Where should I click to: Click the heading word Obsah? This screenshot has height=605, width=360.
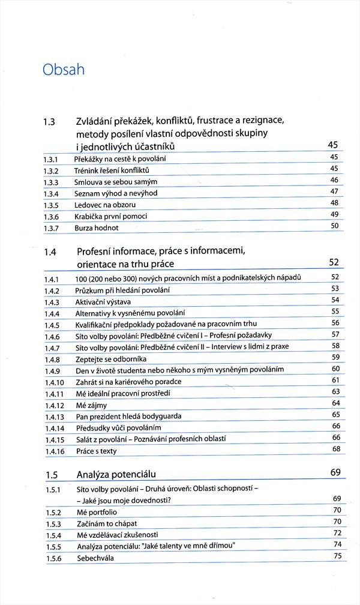coord(63,70)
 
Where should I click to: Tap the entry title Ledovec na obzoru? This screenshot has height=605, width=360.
coord(101,205)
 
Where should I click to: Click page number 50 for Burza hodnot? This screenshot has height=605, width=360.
coord(335,226)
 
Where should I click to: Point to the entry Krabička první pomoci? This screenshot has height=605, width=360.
coord(111,216)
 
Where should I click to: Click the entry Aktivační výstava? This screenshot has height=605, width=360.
coord(103,301)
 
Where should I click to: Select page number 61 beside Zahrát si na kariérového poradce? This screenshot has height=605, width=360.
coord(336,381)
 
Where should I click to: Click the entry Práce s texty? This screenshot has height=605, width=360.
coord(96,451)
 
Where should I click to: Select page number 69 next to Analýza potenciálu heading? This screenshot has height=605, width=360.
coord(335,473)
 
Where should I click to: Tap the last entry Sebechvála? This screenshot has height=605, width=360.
coord(95,558)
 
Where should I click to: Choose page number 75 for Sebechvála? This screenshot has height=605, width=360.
coord(337,556)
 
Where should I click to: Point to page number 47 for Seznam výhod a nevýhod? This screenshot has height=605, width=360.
coord(335,191)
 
